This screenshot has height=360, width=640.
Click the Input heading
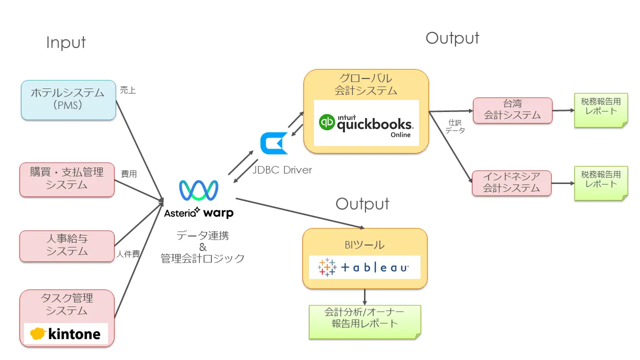(x=66, y=42)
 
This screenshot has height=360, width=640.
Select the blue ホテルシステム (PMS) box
(x=68, y=99)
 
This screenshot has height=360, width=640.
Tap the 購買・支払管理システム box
(x=67, y=179)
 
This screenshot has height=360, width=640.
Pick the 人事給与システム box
(x=67, y=245)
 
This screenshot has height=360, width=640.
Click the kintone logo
(x=66, y=333)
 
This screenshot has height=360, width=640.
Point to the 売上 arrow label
(x=128, y=90)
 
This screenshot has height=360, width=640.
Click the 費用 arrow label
(x=129, y=174)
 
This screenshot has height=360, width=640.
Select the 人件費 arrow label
(x=128, y=253)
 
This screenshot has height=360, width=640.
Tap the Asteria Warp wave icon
(x=198, y=190)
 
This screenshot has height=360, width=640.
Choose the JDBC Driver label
(x=282, y=170)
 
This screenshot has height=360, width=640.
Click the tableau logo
(x=363, y=267)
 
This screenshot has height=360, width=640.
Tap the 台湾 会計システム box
(x=512, y=110)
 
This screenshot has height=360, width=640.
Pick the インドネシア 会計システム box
(x=511, y=182)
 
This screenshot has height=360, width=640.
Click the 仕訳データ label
(x=455, y=126)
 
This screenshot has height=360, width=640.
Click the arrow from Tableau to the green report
(x=364, y=297)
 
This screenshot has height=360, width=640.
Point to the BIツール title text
(x=365, y=245)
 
